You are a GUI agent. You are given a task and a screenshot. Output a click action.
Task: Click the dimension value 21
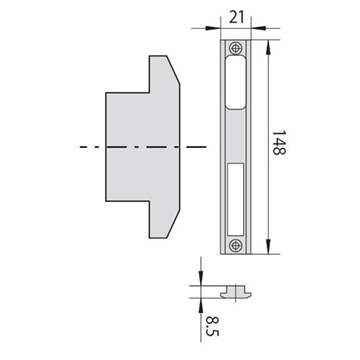tap(237, 17)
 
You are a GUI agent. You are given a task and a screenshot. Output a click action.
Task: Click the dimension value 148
tap(279, 143)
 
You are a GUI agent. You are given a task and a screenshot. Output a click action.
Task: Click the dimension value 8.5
tap(212, 326)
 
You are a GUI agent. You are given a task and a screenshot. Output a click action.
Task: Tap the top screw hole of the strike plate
tap(236, 48)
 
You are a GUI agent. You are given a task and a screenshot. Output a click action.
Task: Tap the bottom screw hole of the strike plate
tap(236, 246)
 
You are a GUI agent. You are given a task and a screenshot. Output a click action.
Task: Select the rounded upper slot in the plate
tap(236, 82)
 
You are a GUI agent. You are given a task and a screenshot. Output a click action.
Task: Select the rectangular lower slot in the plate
tap(236, 198)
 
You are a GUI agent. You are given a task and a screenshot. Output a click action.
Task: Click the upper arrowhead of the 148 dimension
tap(269, 47)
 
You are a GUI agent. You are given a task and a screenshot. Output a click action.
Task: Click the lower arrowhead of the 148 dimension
tap(269, 247)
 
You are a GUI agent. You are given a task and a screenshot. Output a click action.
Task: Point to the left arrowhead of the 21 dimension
tap(213, 28)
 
